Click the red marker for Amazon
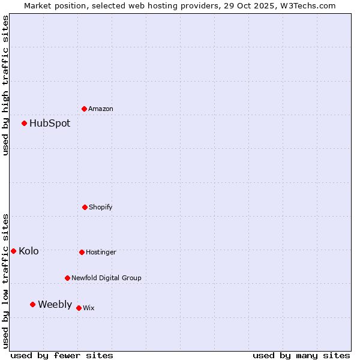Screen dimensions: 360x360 tap(85, 109)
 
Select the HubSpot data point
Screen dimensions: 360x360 tap(25, 124)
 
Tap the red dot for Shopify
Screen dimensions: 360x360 tap(85, 207)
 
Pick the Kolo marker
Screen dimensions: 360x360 tap(14, 251)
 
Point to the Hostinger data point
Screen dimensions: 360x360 tap(82, 252)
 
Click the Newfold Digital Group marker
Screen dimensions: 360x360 tap(67, 278)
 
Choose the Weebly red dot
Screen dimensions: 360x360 tap(33, 304)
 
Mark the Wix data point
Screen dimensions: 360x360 tap(79, 308)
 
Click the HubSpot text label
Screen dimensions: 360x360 tap(50, 124)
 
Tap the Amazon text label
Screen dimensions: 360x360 tap(101, 109)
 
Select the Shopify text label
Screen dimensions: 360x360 tap(101, 207)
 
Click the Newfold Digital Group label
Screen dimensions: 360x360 tap(106, 278)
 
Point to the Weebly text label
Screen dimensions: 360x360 tap(55, 304)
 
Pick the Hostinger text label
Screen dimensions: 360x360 tap(101, 252)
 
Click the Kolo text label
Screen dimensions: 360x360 tap(29, 251)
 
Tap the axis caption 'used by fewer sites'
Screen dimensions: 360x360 tap(62, 355)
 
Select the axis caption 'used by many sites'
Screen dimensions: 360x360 tap(301, 355)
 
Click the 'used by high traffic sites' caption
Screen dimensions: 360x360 tap(5, 85)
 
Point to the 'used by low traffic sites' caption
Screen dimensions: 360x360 tap(5, 281)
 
